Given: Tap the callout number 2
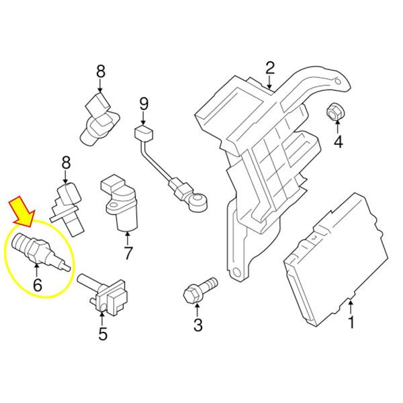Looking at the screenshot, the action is click(270, 68).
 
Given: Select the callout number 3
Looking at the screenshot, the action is click(198, 325).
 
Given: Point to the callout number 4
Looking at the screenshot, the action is click(339, 142).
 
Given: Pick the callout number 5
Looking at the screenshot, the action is click(103, 334).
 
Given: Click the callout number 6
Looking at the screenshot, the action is click(38, 285).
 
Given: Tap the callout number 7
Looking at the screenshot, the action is click(128, 253).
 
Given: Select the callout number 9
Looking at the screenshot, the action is click(144, 104).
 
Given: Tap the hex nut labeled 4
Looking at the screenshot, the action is click(335, 112).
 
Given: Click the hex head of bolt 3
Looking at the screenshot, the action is click(191, 295).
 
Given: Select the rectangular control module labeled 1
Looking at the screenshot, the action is click(335, 259).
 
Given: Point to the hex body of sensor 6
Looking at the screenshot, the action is click(38, 251).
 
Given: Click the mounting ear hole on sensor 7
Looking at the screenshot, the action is click(112, 206).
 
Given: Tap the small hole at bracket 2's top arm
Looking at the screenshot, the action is click(338, 81).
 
